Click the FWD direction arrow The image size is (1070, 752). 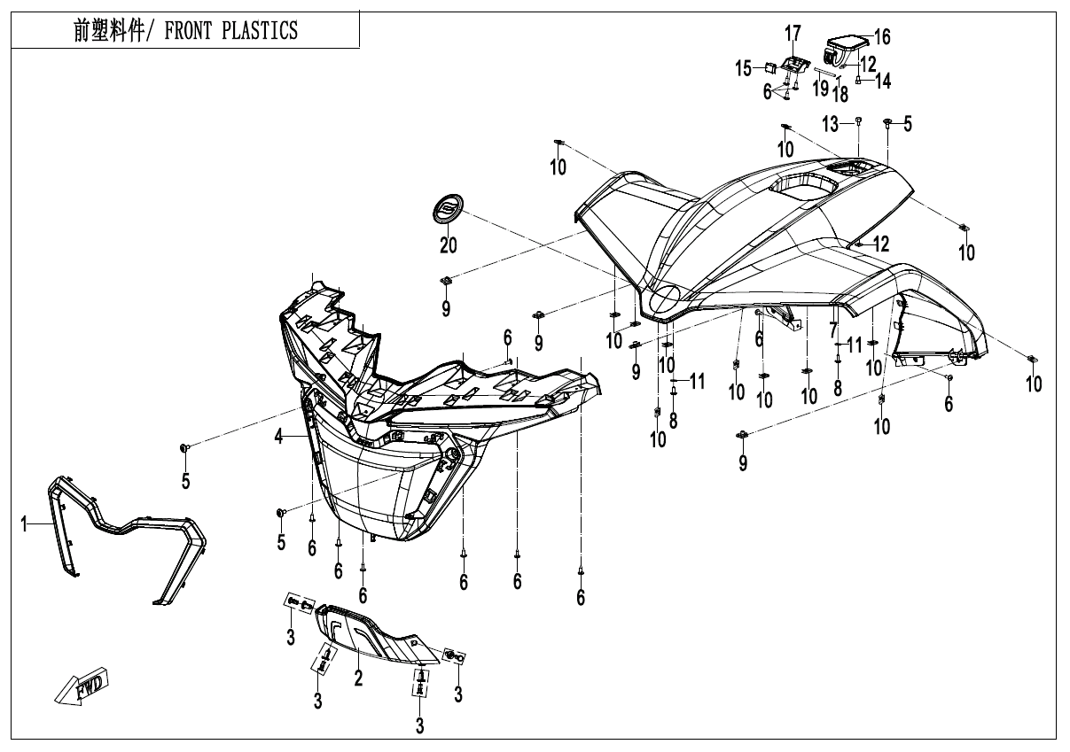click(x=82, y=686)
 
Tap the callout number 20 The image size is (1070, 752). click(x=448, y=245)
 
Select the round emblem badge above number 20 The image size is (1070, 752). click(x=448, y=207)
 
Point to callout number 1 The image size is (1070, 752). click(x=23, y=524)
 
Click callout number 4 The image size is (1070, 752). click(x=278, y=436)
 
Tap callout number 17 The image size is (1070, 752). click(x=793, y=34)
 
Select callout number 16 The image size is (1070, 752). click(x=882, y=36)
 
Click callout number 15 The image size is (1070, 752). click(x=743, y=69)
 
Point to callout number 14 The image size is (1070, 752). click(x=883, y=81)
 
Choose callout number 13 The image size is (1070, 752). click(x=831, y=125)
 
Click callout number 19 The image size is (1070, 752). click(x=821, y=89)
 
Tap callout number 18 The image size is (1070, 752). click(x=840, y=95)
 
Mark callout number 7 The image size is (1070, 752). click(x=833, y=330)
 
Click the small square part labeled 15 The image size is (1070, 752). click(x=769, y=67)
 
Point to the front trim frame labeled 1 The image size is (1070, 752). click(x=127, y=540)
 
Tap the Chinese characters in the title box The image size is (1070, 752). click(x=109, y=30)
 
